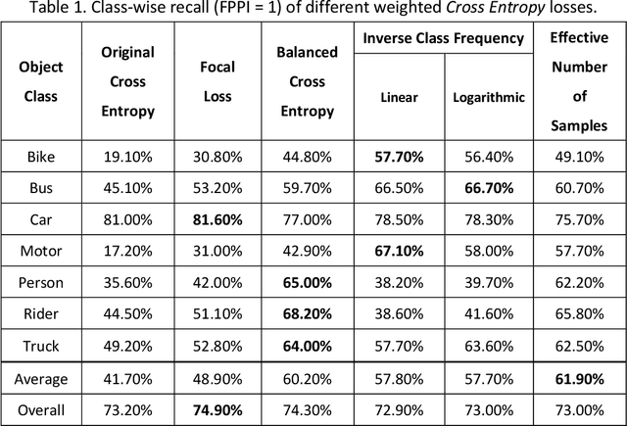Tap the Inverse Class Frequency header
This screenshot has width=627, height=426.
click(x=443, y=39)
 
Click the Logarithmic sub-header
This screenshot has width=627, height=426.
click(x=489, y=97)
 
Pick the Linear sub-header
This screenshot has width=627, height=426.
click(x=399, y=97)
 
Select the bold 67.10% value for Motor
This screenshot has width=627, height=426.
click(x=399, y=252)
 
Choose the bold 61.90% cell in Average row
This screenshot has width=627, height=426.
click(x=579, y=375)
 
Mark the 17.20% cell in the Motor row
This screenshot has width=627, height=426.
click(x=127, y=252)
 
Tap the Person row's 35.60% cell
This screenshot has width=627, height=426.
click(x=127, y=283)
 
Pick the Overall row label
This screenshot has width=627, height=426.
click(x=41, y=407)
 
